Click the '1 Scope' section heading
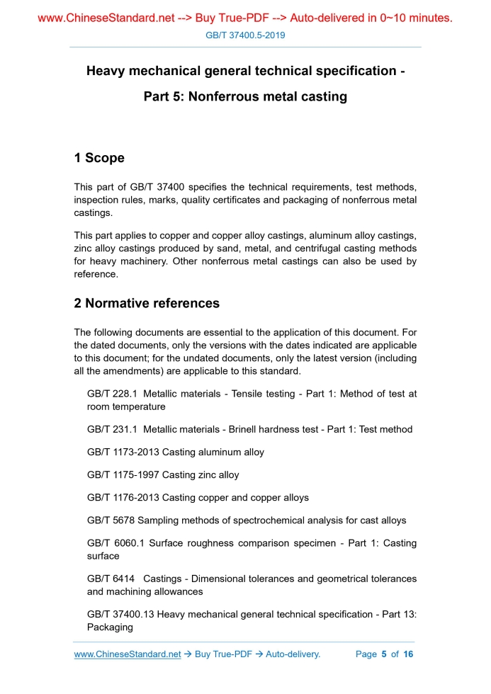coord(99,158)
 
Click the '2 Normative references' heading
coord(147,303)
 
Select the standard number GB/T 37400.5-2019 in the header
coord(245,35)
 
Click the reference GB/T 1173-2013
coord(123,452)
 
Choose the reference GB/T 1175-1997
coord(123,474)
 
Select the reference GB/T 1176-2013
coord(123,498)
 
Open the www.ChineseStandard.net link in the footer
coord(128,654)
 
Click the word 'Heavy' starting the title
coord(105,71)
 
